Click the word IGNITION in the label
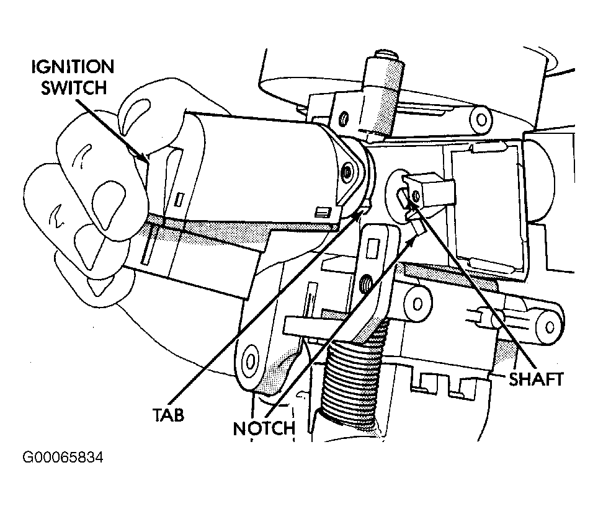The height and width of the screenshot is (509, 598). click(73, 67)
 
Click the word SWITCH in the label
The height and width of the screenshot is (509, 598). click(74, 87)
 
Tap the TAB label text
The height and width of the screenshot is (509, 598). click(169, 414)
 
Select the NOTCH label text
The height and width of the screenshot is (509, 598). click(264, 428)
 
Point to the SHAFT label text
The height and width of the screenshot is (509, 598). click(536, 379)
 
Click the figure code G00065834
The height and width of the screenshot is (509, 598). click(63, 457)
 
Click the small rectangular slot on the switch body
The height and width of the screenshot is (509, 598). click(179, 200)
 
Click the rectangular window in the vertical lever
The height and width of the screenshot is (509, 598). click(372, 248)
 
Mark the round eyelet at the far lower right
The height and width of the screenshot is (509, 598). click(550, 326)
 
